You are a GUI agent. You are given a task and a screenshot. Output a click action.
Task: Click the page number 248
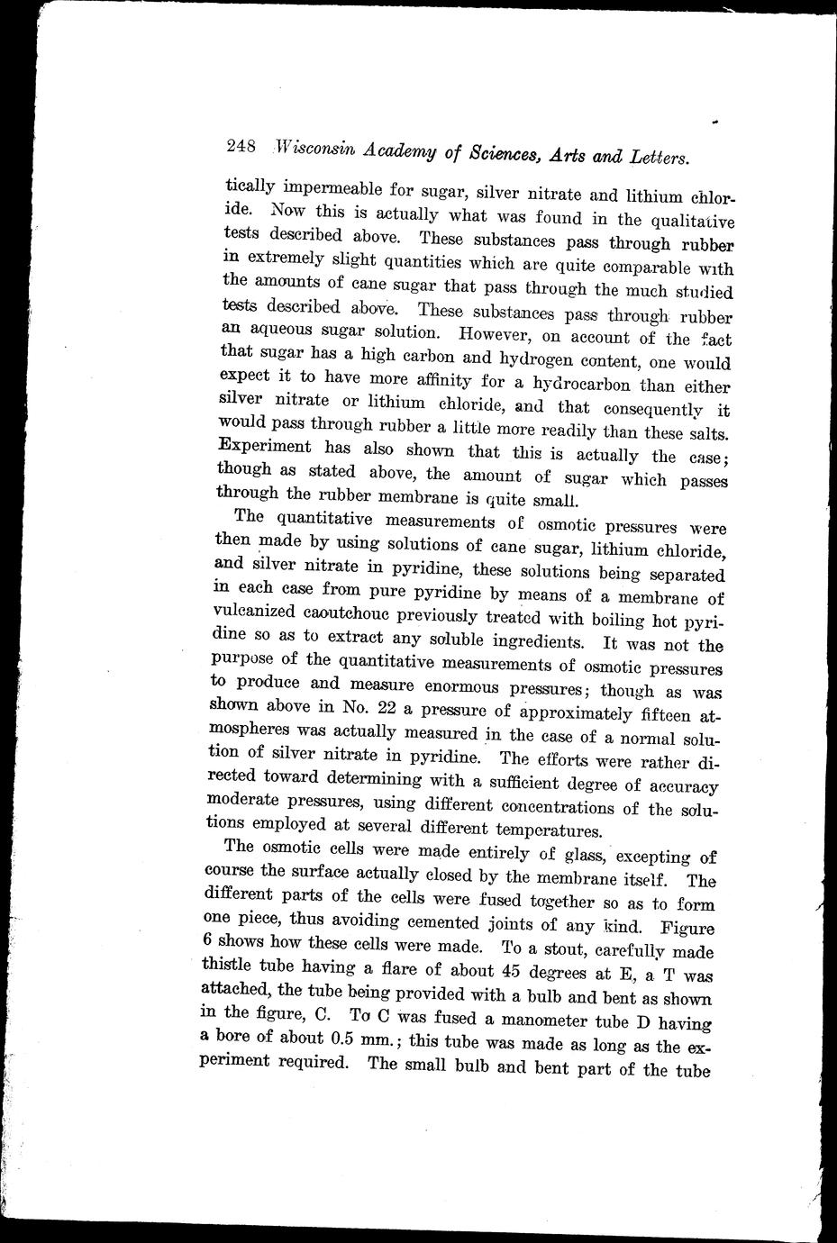coord(242,146)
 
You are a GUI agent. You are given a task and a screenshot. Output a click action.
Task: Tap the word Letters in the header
coord(655,158)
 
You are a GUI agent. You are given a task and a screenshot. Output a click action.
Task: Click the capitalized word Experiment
coord(264,447)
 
